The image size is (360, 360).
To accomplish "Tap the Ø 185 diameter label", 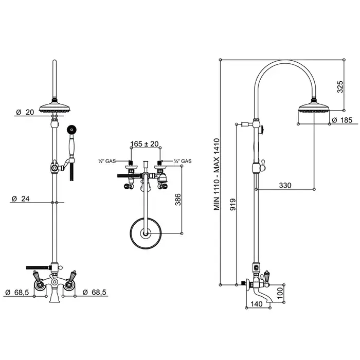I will tap(338, 120).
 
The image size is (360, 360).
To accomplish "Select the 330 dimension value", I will tap(286, 185).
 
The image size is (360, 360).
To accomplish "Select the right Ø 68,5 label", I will tap(95, 292).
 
